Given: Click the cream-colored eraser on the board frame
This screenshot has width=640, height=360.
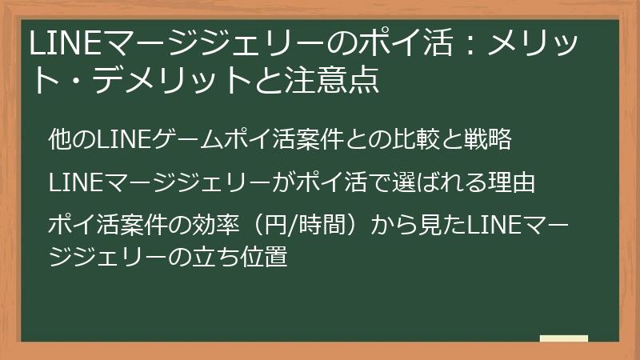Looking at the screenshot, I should (x=563, y=339).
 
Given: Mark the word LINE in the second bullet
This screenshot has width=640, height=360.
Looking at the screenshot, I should (x=72, y=183).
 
